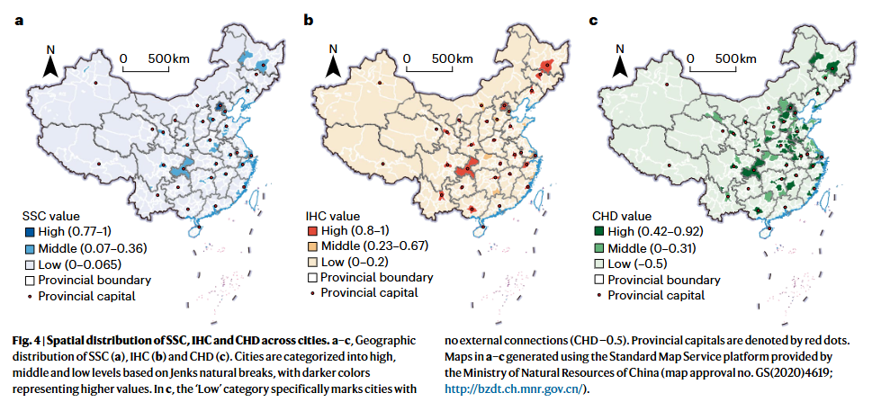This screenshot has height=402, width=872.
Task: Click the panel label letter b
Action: pos(308,21)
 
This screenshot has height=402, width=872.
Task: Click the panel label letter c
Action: pos(593,22)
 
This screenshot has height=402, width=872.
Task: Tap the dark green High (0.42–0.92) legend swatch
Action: pos(598,231)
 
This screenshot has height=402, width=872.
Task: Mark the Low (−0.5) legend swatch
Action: pos(598,263)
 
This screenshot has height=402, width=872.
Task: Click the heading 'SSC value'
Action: pos(50,216)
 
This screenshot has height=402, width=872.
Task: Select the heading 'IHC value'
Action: pos(333,215)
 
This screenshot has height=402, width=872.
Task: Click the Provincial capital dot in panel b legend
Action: pos(312,292)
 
